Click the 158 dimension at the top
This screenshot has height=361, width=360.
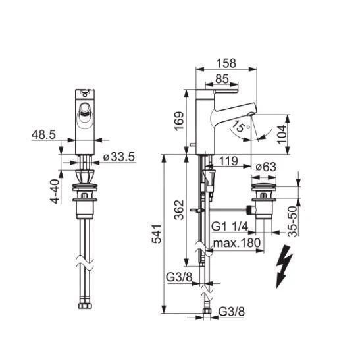point(226,65)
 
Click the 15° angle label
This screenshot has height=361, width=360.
point(242,126)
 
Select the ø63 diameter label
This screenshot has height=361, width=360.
point(266,167)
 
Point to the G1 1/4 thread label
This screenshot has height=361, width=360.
point(230,227)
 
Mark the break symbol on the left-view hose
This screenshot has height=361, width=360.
point(84,262)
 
